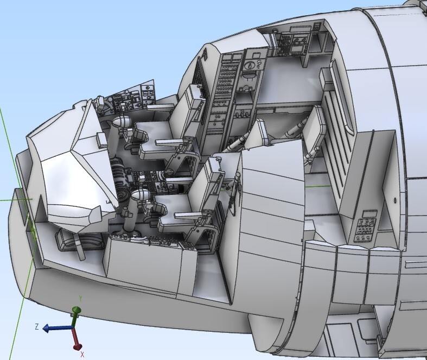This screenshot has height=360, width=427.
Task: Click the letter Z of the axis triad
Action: (x=37, y=326)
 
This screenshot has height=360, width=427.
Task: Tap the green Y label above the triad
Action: (x=81, y=299)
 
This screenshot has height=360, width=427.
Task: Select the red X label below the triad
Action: (x=82, y=355)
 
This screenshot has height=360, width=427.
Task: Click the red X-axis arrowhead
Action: (x=78, y=346)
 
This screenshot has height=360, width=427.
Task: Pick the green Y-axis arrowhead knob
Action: (x=77, y=310)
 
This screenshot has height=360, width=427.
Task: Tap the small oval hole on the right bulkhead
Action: (x=395, y=201)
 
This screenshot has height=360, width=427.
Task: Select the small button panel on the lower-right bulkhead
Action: (x=365, y=226)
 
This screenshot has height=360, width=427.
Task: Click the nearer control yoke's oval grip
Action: (x=139, y=194)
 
